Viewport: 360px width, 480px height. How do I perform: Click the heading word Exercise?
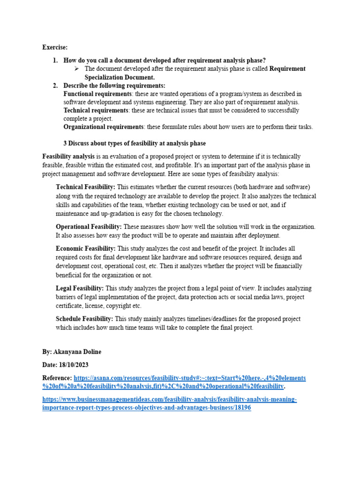(55, 47)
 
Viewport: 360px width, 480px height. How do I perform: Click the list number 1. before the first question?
(55, 60)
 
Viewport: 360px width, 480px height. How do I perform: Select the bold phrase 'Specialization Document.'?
(120, 77)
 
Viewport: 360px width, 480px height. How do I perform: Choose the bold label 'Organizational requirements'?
(104, 127)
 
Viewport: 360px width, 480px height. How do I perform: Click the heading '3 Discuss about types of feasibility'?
(134, 143)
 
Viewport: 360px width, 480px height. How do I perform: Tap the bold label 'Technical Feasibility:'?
(85, 187)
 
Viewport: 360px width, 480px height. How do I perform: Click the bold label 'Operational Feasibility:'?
(89, 227)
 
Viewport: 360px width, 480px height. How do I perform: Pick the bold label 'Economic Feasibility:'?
(85, 248)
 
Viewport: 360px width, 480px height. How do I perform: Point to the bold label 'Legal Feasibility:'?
(80, 288)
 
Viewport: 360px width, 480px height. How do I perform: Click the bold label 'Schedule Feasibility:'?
(84, 319)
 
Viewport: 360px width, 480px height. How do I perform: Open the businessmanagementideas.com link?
(170, 399)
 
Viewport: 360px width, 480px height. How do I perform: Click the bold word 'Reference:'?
(57, 378)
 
